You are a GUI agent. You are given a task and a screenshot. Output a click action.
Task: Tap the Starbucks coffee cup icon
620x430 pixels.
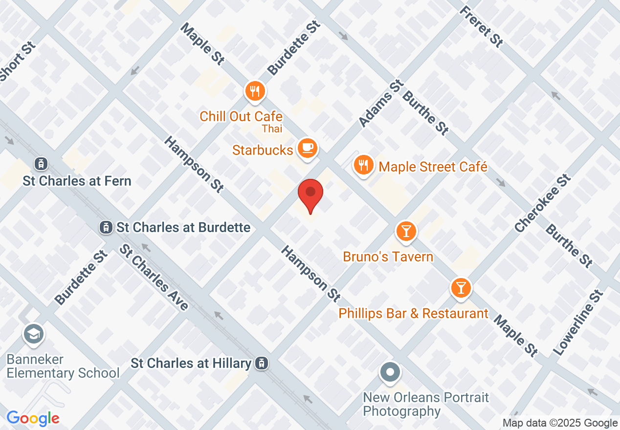[307, 148]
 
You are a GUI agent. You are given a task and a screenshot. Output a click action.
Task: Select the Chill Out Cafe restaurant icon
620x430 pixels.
[255, 91]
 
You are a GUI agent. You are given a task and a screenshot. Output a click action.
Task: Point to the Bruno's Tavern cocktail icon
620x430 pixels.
[406, 231]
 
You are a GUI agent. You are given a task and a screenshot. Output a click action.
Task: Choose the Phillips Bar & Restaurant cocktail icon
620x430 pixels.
[460, 287]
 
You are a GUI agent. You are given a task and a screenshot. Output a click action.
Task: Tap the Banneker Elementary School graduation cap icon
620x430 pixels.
[33, 335]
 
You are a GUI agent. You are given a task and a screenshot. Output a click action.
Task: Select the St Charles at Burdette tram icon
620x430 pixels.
[105, 227]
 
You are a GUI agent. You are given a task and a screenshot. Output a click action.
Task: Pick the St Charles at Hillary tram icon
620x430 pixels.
[262, 363]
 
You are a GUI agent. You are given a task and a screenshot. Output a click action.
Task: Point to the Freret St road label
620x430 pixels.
[482, 27]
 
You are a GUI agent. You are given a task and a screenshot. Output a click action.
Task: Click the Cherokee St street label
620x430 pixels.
[543, 204]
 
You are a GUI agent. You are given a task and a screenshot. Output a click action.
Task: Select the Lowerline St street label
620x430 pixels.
[578, 323]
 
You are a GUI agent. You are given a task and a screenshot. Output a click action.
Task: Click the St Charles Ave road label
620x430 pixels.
[154, 277]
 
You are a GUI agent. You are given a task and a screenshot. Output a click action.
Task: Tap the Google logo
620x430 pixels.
[33, 418]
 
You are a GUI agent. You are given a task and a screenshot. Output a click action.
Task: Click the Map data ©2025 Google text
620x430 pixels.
[560, 423]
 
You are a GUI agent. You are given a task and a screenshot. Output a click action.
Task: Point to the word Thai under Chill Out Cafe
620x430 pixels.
[272, 129]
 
